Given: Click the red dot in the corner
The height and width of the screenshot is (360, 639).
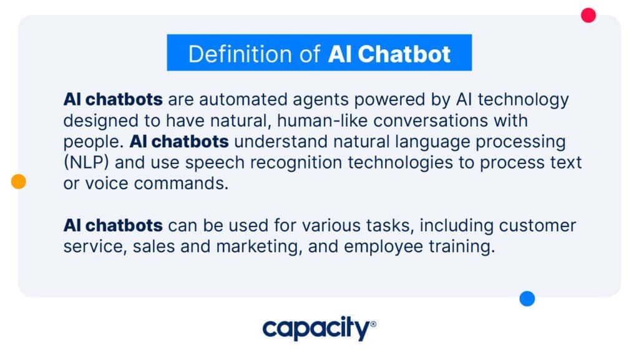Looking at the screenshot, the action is [x=588, y=15].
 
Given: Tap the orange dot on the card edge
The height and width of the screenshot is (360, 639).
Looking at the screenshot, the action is [x=18, y=181].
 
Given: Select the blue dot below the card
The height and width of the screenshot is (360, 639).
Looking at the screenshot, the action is [x=527, y=298].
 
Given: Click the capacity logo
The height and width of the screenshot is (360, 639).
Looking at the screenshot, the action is [x=319, y=328].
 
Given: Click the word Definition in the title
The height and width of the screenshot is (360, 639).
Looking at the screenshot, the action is [x=240, y=54].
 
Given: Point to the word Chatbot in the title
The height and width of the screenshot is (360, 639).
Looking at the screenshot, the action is [x=404, y=54].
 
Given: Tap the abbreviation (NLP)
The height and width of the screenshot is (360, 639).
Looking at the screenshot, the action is [x=86, y=162].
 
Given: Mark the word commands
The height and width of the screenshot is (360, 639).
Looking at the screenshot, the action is [x=181, y=183].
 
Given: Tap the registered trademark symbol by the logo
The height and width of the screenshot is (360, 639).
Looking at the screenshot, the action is [x=373, y=324].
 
